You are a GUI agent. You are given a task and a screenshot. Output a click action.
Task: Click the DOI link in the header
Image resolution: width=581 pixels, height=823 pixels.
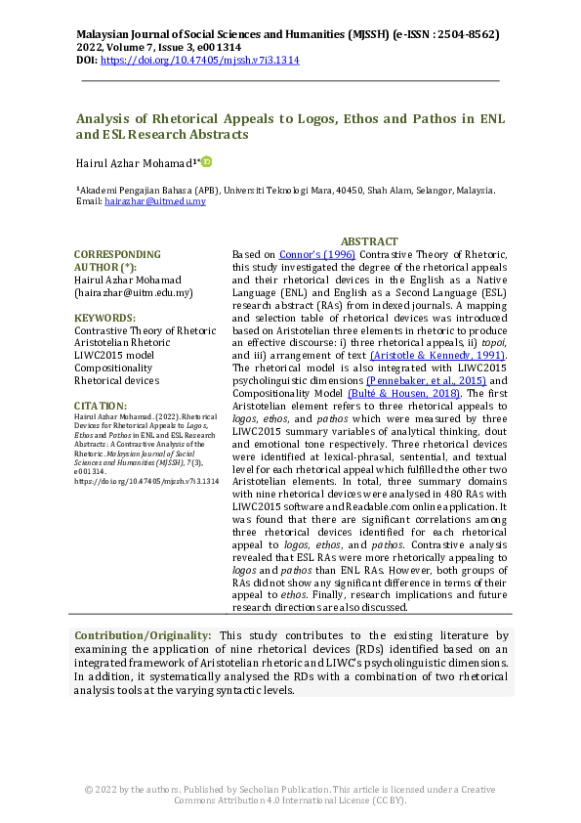pyautogui.click(x=200, y=60)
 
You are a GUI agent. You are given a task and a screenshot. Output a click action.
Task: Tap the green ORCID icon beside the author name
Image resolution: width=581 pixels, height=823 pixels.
pyautogui.click(x=207, y=161)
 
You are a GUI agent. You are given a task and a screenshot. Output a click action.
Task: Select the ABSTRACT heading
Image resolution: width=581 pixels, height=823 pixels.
pyautogui.click(x=369, y=241)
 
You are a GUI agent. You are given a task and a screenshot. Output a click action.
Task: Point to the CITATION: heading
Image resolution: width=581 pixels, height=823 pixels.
pyautogui.click(x=101, y=406)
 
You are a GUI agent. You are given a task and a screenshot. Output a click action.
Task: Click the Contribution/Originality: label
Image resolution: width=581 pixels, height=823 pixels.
pyautogui.click(x=144, y=636)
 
